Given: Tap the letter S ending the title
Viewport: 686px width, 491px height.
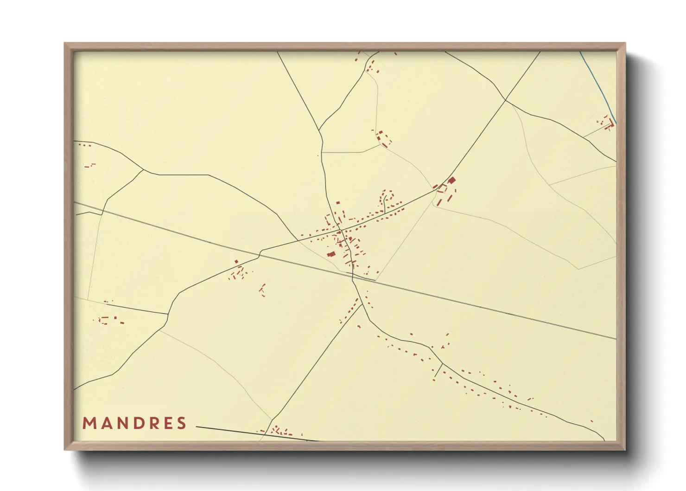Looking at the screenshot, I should pos(182,423).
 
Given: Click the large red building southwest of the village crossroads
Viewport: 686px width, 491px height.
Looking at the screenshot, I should pos(331,254).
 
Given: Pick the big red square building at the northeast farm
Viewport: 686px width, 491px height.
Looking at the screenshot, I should pos(451,180).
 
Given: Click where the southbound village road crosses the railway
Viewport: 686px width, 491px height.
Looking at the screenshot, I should pos(353,276).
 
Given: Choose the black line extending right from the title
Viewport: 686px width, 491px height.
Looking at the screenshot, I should pos(255,433).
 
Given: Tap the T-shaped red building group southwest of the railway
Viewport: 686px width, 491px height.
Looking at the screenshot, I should pos(263,290).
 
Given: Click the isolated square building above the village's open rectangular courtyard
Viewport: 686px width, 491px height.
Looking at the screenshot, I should pos(337,203).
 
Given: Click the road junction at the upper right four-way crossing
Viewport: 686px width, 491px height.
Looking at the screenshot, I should pos(505,100).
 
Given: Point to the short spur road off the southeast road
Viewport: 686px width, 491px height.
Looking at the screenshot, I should pos(438,370).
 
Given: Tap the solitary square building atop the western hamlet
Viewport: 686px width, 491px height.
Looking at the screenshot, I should pos(236,262).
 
